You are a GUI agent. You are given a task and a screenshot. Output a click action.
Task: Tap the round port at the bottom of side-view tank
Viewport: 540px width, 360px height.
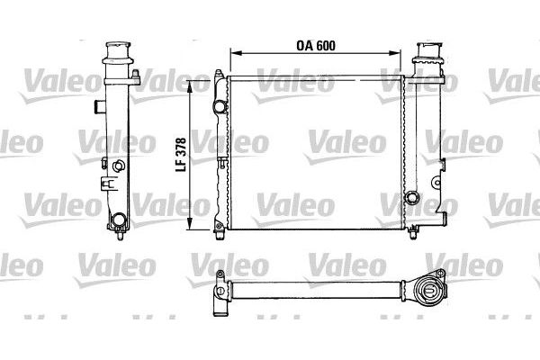pyautogui.click(x=118, y=218)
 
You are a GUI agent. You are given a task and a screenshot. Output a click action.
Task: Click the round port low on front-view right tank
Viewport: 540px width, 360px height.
pyautogui.click(x=412, y=198)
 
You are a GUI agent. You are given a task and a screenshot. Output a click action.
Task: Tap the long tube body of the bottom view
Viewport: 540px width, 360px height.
pyautogui.click(x=315, y=291)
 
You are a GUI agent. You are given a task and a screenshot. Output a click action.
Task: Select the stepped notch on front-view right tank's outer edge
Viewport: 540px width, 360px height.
pyautogui.click(x=442, y=166)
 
